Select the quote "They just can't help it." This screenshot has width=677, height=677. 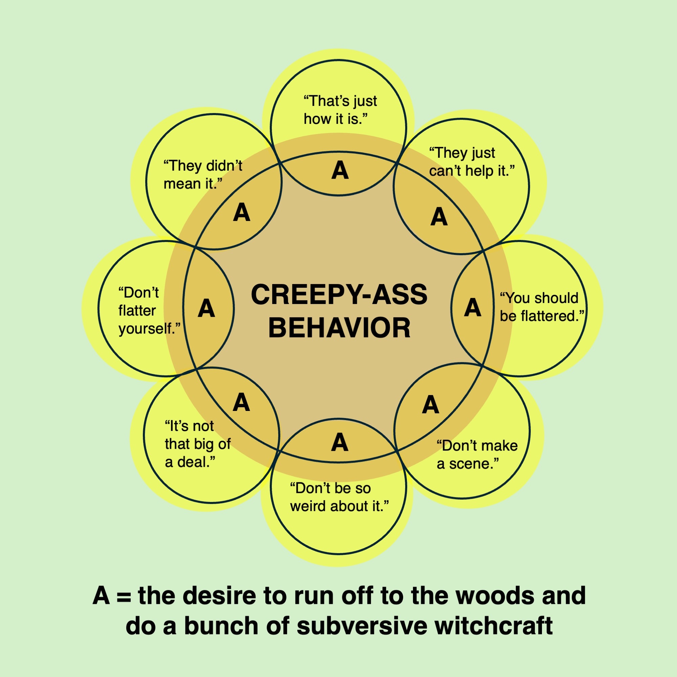[x=471, y=162]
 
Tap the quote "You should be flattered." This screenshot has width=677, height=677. [x=541, y=307]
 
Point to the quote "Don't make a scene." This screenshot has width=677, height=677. [x=477, y=455]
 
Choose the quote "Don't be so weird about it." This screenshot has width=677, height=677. [x=339, y=497]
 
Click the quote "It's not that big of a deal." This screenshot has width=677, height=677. [x=197, y=444]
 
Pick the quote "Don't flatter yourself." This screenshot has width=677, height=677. [x=149, y=310]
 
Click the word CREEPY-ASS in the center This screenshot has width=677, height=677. [x=339, y=295]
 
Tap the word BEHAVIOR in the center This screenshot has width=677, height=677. [x=339, y=328]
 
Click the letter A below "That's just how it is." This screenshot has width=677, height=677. [x=340, y=171]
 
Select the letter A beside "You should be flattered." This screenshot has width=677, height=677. [x=472, y=308]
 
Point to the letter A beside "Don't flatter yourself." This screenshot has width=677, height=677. [x=206, y=308]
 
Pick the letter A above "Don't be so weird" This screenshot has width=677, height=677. [x=340, y=442]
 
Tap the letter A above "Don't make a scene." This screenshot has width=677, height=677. [x=430, y=405]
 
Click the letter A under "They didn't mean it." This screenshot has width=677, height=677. [x=241, y=213]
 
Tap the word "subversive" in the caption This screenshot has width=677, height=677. [x=361, y=626]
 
